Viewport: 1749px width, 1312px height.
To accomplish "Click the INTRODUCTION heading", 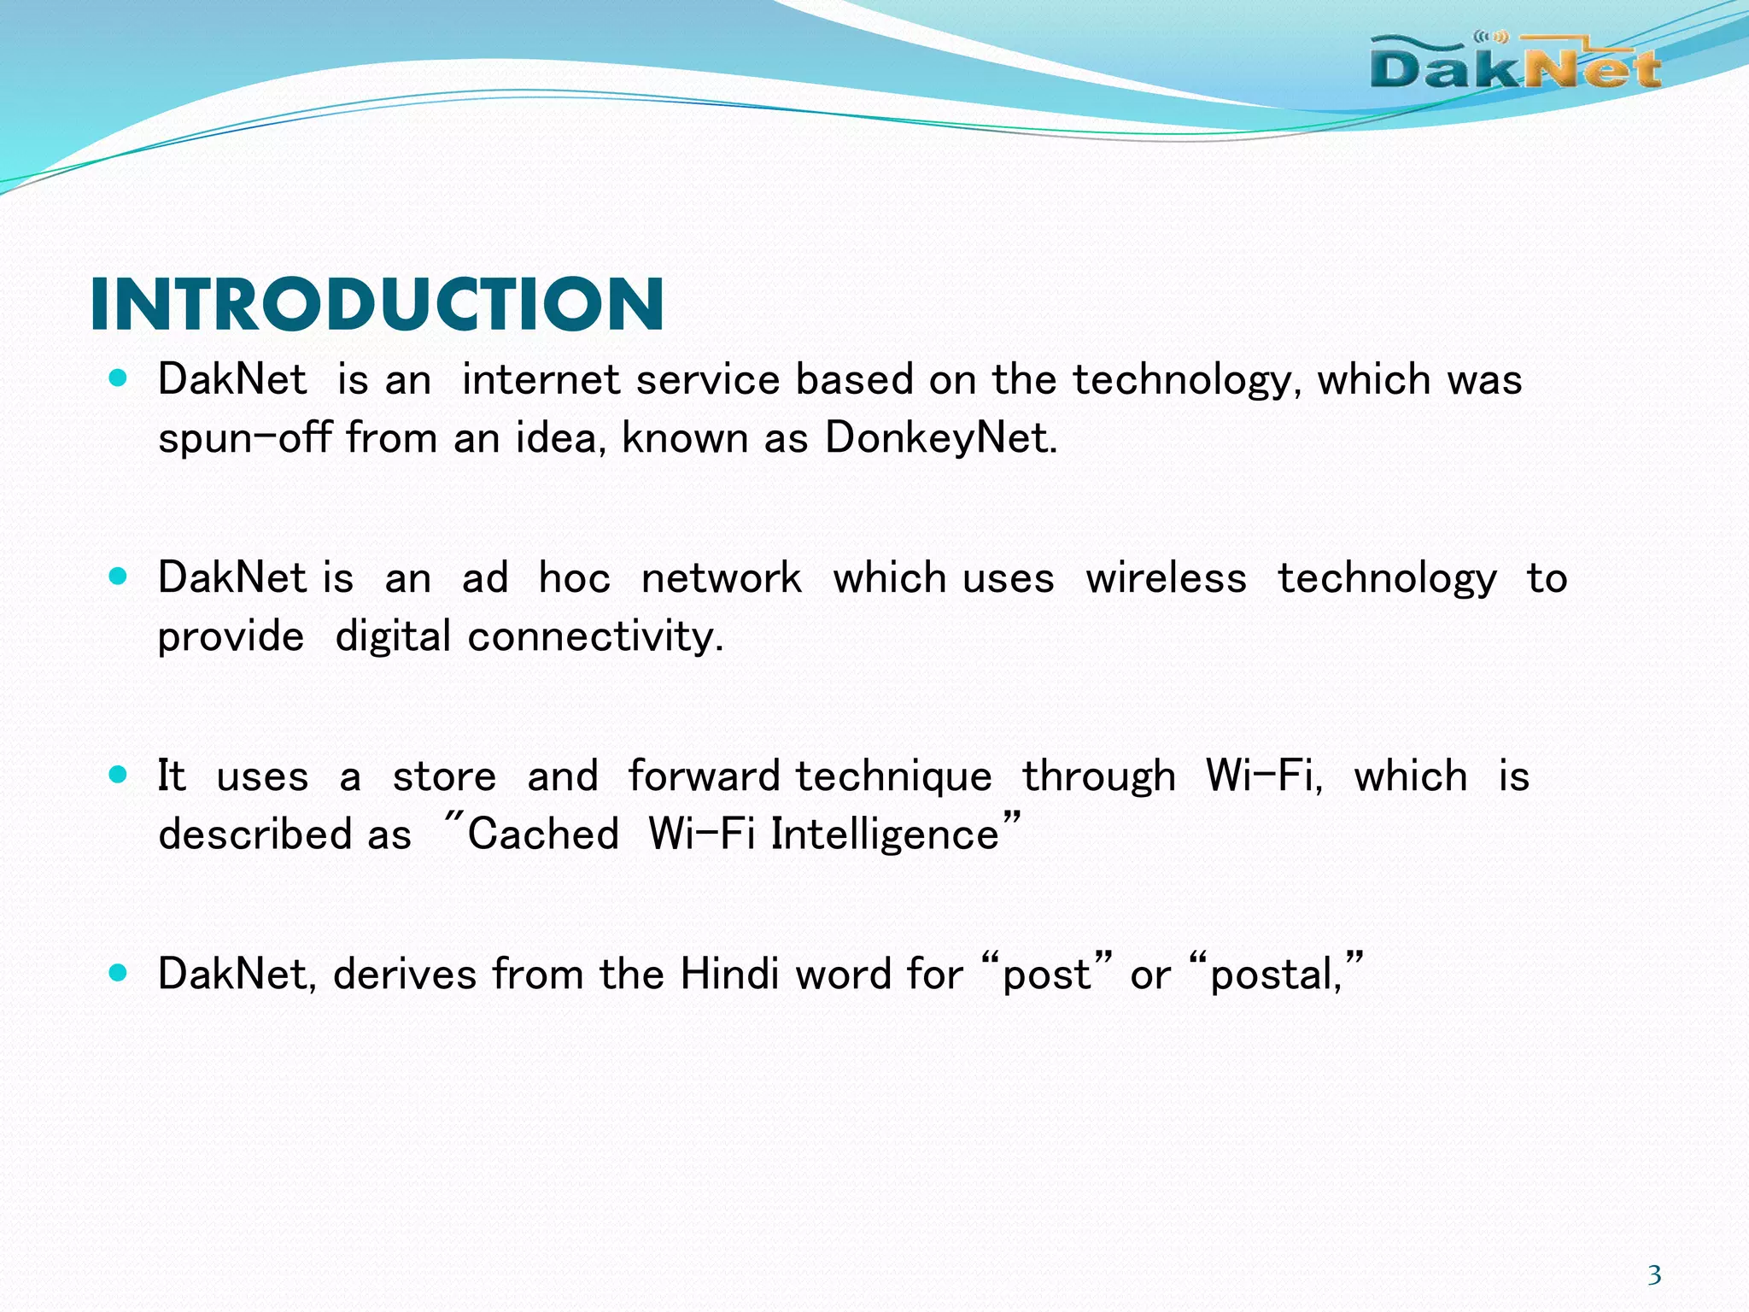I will coord(377,304).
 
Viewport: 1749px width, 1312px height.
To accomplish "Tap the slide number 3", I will coord(1654,1274).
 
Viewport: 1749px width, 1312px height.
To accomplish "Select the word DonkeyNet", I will coord(939,438).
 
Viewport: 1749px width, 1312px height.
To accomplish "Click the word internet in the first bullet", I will coord(541,379).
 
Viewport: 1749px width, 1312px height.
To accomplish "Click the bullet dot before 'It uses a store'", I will coord(119,775).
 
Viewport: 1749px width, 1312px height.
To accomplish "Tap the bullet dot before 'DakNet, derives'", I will coord(119,972).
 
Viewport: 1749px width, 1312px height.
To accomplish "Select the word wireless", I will coord(1166,578).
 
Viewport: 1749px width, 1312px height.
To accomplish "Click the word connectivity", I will coord(595,637).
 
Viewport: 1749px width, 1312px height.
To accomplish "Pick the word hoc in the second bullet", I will coord(574,578).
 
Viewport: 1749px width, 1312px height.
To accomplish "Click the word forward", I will coord(704,776).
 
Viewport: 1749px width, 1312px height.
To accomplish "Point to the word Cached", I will coord(543,835).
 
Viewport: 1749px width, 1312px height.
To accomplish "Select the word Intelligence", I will coord(886,835).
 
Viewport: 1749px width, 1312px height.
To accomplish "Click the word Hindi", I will coord(729,974).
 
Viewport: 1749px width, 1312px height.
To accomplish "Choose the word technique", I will coord(893,777).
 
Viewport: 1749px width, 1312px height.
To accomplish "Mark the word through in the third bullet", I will coord(1099,777).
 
